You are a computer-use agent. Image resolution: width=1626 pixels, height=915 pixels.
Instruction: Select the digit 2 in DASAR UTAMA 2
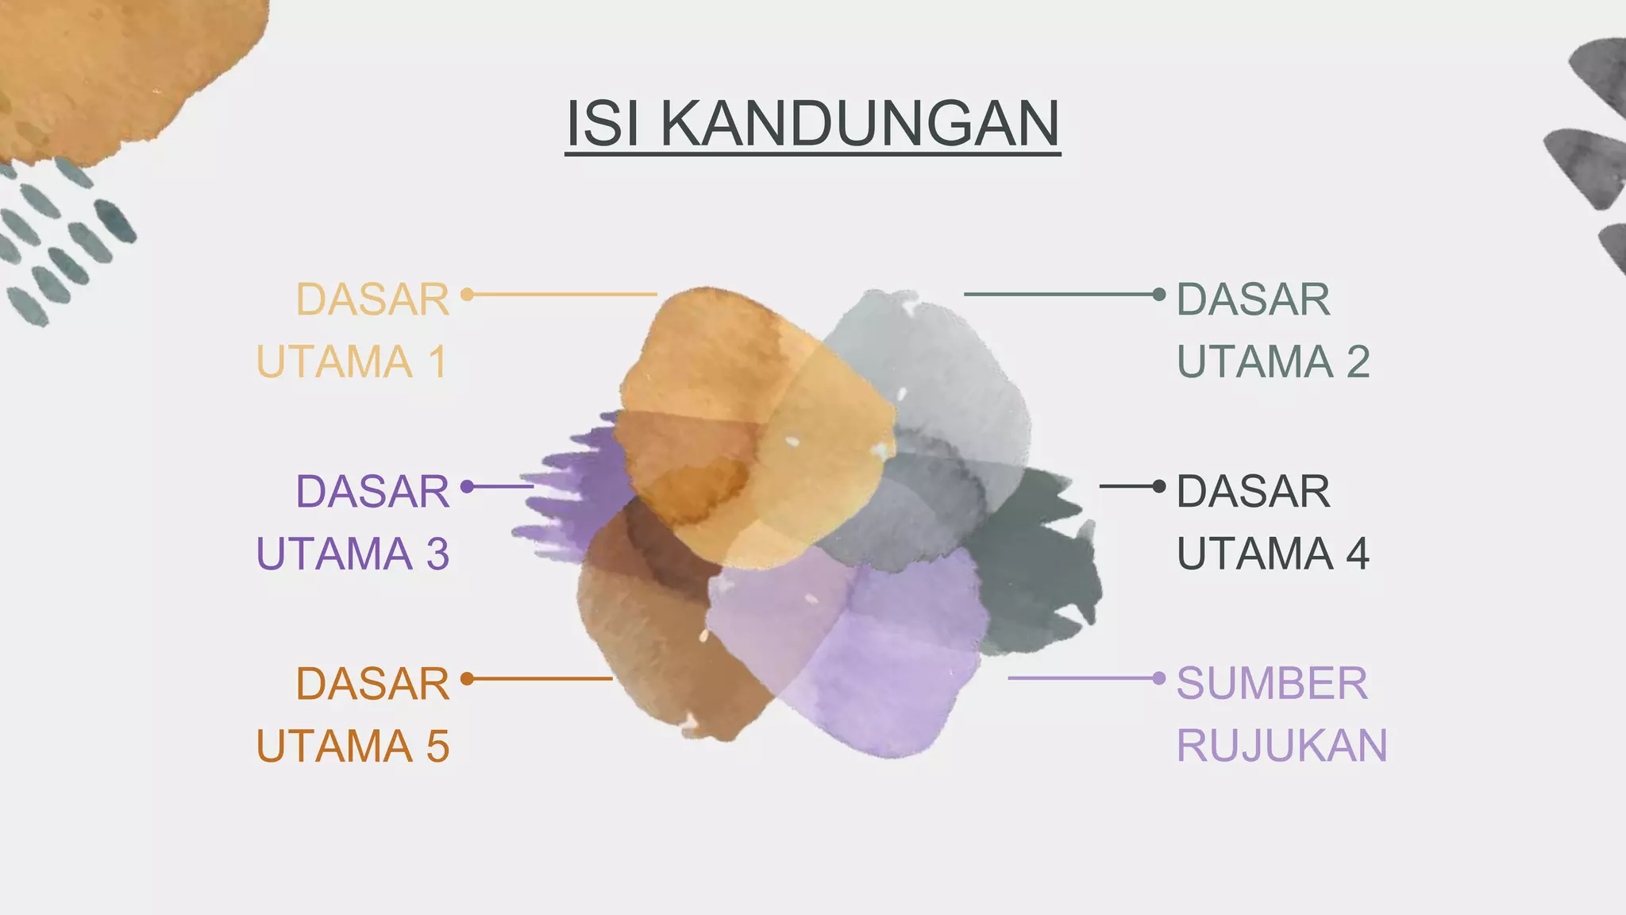pos(1358,362)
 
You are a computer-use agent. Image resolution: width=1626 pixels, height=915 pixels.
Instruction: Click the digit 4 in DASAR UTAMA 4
pos(1358,554)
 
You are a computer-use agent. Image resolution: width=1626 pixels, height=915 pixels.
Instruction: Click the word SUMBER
pos(1272,683)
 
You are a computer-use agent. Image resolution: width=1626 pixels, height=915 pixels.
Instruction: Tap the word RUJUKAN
pos(1281,747)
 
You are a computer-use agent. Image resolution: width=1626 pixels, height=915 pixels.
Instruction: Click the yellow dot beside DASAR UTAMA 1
pos(467,295)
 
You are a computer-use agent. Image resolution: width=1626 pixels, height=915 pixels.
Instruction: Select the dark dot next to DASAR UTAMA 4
pos(1159,485)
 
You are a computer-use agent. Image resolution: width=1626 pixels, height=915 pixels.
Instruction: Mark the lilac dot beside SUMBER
pos(1159,678)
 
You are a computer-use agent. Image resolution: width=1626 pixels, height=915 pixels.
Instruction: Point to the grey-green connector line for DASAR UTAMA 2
pos(1060,295)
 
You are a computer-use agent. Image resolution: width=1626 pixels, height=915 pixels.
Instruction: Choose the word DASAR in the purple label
pos(372,492)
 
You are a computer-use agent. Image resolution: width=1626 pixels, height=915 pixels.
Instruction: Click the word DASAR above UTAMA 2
pos(1253,300)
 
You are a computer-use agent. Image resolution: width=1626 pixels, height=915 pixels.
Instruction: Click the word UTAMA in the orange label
pos(334,747)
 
